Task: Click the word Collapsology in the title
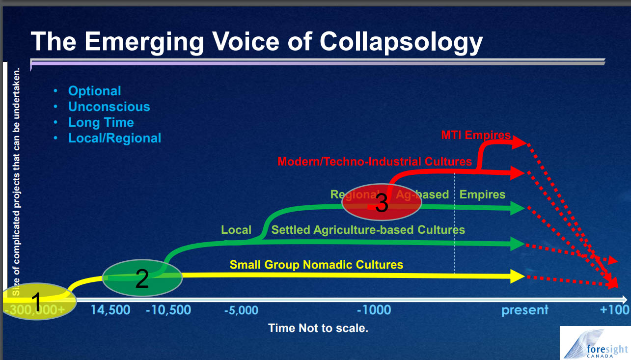click(401, 43)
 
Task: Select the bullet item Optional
click(95, 91)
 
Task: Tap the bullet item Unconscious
click(109, 107)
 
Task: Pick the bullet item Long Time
click(101, 122)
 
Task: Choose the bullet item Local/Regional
click(114, 138)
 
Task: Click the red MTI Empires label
click(476, 135)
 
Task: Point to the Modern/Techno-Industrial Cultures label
click(375, 162)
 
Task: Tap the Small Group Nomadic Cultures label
click(316, 265)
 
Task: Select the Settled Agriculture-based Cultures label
click(368, 230)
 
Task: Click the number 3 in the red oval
click(382, 203)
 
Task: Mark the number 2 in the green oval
click(142, 278)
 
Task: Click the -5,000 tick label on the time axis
click(241, 310)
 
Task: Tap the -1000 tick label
click(374, 310)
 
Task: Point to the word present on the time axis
click(525, 310)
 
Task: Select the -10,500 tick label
click(168, 310)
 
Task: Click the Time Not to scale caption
click(318, 328)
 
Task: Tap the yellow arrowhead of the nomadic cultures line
click(517, 276)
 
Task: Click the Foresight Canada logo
click(595, 343)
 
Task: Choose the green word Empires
click(482, 194)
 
